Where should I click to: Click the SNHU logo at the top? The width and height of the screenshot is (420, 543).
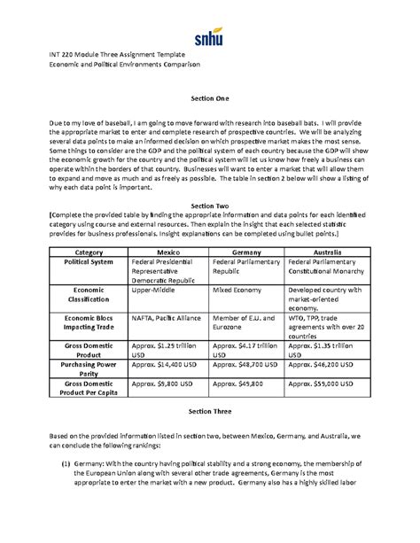coord(209,38)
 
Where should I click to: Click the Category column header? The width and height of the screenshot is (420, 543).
coord(89,252)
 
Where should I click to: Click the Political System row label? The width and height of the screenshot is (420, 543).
coord(89,262)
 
